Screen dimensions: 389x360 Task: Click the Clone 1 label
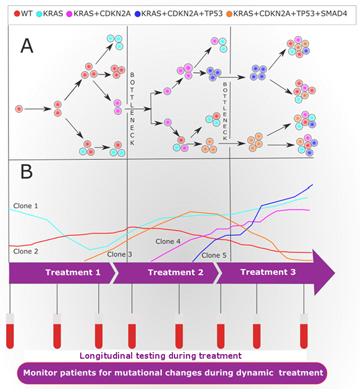(x=25, y=206)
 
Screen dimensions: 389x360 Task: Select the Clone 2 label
(x=25, y=251)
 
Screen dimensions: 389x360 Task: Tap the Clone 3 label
(x=120, y=254)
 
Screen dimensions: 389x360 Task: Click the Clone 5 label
(x=214, y=255)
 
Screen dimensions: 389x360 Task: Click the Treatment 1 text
(x=73, y=272)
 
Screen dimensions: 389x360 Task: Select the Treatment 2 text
(x=175, y=272)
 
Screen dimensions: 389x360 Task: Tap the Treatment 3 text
(x=268, y=272)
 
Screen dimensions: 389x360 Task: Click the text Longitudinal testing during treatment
(x=161, y=355)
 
